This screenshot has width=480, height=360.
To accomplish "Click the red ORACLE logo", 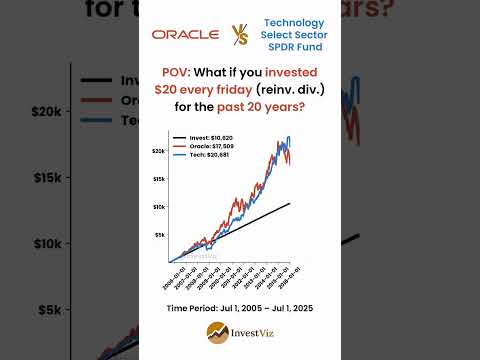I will coord(185,34).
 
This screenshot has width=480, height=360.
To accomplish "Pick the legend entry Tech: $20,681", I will coord(203,155).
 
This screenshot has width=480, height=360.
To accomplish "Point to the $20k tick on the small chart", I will coord(158,150).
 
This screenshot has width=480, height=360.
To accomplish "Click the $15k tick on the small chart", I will coord(158,178).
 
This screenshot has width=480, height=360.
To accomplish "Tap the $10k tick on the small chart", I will coord(158,206).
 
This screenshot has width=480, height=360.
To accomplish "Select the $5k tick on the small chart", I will coord(159,234).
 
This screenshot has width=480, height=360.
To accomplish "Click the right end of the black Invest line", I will coord(290,203).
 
